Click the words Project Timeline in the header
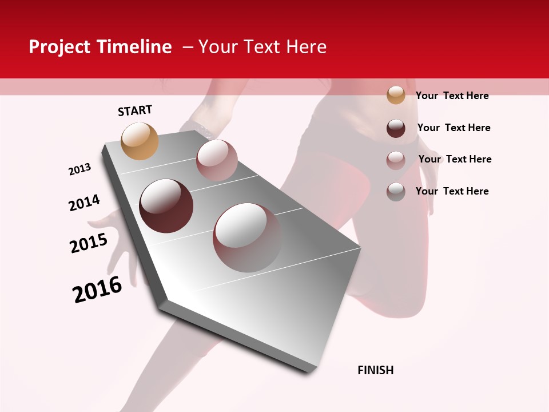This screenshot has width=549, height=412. tap(100, 47)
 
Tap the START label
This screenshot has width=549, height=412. tap(135, 110)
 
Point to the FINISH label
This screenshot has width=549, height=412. tap(375, 370)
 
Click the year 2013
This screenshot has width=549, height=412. tap(79, 169)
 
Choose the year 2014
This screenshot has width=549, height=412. tap(84, 203)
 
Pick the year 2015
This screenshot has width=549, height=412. tap(89, 243)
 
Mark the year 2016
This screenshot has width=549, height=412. tap(97, 290)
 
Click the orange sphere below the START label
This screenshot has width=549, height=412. tap(140, 141)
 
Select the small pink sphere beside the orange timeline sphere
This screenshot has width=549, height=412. tap(217, 160)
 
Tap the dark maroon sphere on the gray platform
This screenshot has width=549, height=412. tap(166, 206)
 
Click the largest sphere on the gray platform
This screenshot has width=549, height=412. tap(248, 237)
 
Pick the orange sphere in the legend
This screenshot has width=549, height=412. tap(396, 95)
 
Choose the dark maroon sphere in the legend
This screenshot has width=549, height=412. tap(396, 128)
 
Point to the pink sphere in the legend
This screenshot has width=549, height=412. tap(396, 160)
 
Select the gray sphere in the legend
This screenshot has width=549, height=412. tap(396, 192)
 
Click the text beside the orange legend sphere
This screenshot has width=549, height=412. tap(452, 96)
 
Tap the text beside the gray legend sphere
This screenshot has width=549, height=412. tap(452, 191)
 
